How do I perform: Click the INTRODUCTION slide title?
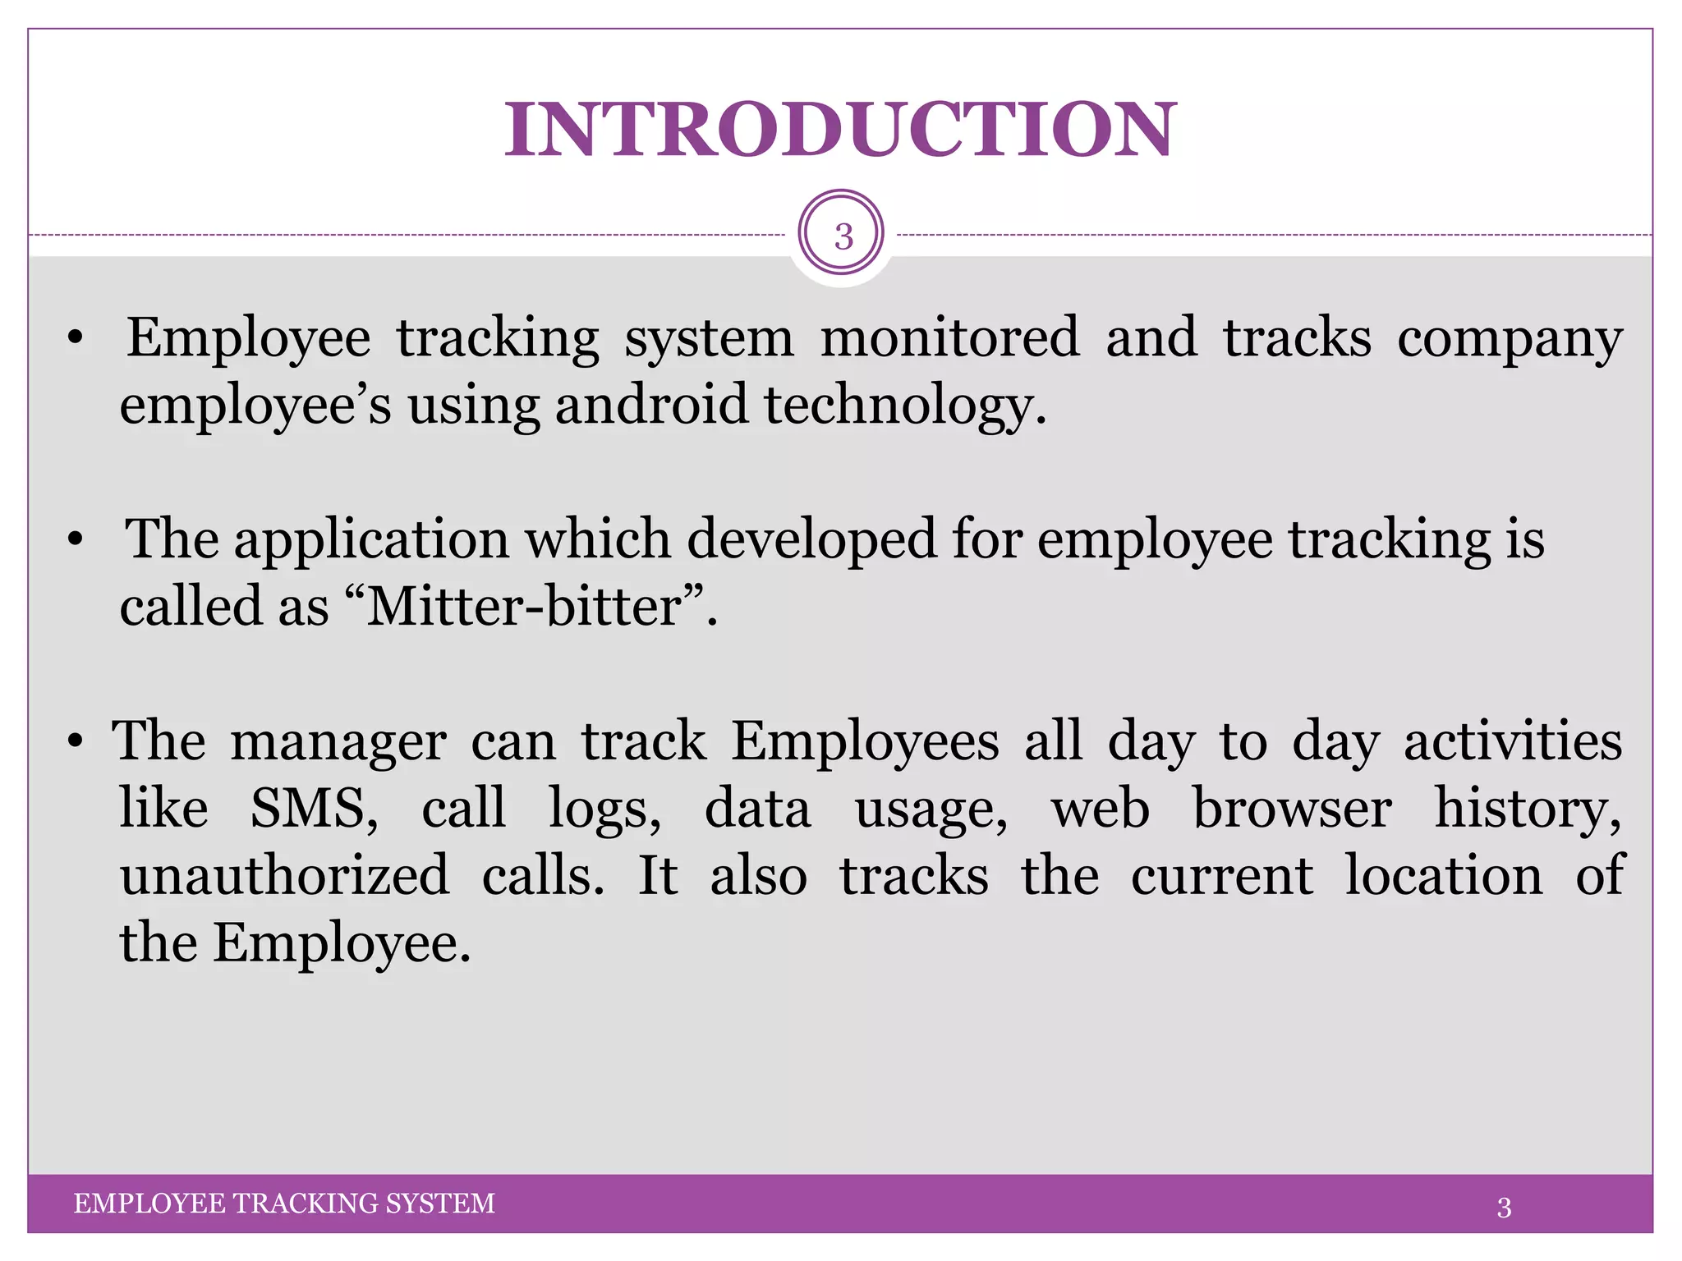tap(840, 130)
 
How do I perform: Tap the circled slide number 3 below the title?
tap(842, 236)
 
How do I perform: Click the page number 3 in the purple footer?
tap(1504, 1208)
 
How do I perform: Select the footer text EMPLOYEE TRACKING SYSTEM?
tap(284, 1204)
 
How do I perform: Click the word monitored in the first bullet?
tap(949, 337)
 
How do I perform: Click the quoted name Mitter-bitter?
tap(525, 607)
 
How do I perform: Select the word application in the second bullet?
tap(371, 541)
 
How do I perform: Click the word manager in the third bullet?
tap(338, 742)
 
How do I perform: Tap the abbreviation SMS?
tap(314, 808)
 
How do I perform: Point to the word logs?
tap(604, 809)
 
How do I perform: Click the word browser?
tap(1292, 808)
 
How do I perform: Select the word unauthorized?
tap(284, 875)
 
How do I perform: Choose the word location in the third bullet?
tap(1444, 875)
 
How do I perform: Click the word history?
tap(1528, 809)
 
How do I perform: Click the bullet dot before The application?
tap(76, 541)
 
